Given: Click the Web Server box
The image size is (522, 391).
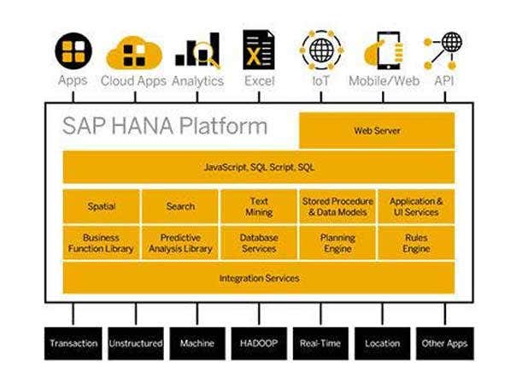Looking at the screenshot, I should pyautogui.click(x=376, y=131).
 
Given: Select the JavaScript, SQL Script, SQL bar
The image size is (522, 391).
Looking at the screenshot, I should pyautogui.click(x=258, y=168).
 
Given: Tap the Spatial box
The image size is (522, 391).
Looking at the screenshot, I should pyautogui.click(x=101, y=206).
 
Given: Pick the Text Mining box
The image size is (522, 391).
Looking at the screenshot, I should pyautogui.click(x=258, y=206).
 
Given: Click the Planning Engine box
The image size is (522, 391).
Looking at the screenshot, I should pyautogui.click(x=337, y=243).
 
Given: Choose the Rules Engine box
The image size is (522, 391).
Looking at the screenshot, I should pyautogui.click(x=415, y=243).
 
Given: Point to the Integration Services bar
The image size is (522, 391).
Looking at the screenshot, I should pyautogui.click(x=258, y=278).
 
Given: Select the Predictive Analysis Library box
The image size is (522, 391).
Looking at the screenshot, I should pyautogui.click(x=179, y=243).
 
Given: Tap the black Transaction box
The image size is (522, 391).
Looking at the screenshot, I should pyautogui.click(x=73, y=343).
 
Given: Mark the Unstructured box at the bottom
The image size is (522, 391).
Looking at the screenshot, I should pyautogui.click(x=135, y=343).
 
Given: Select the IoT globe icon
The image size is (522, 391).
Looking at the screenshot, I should pyautogui.click(x=321, y=50).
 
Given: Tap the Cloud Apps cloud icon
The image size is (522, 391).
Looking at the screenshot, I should pyautogui.click(x=133, y=53).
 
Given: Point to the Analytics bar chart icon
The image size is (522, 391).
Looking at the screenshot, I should pyautogui.click(x=197, y=51).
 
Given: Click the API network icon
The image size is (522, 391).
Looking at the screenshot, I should pyautogui.click(x=444, y=50).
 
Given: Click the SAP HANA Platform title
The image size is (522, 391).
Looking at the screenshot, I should pyautogui.click(x=164, y=127).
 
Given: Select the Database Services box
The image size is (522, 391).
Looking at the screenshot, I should pyautogui.click(x=258, y=243).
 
